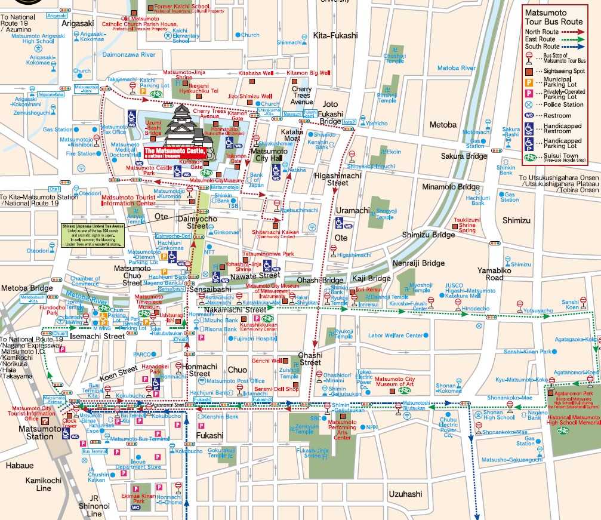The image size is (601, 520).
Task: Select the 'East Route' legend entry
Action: pos(543,39)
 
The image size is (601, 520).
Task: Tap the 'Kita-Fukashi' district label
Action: pos(335,36)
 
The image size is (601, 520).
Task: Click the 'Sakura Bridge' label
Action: pos(464,156)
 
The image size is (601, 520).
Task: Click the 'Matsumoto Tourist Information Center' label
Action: pos(128,200)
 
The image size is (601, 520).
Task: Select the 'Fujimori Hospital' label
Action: pos(255,339)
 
